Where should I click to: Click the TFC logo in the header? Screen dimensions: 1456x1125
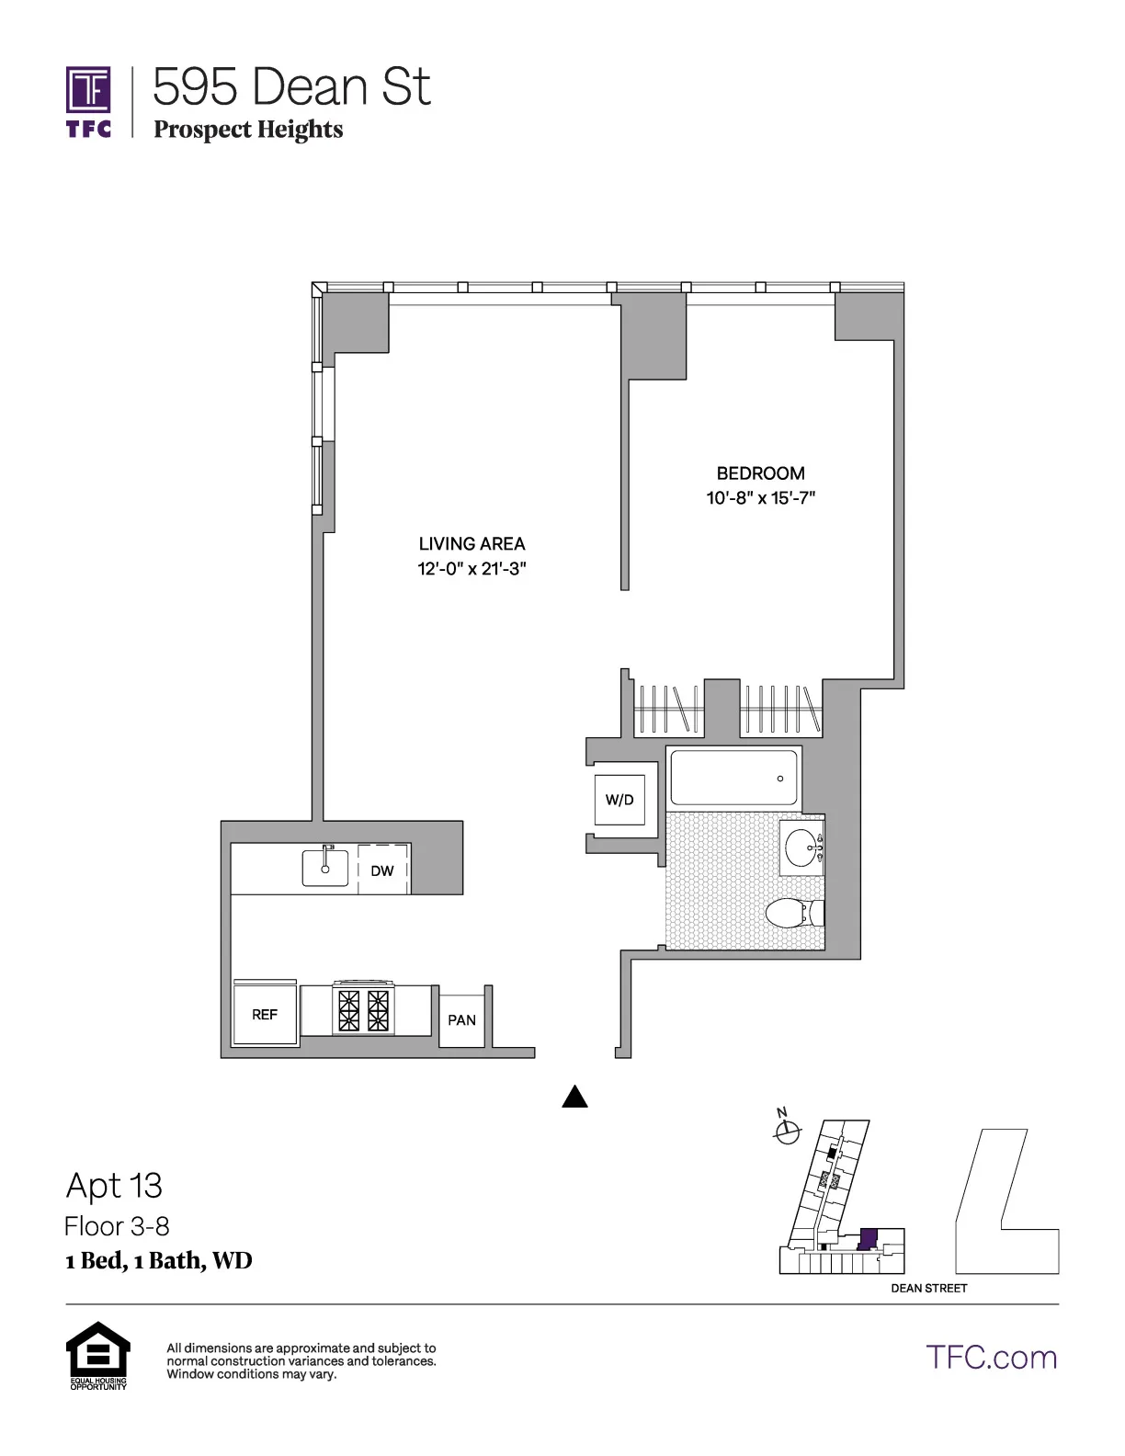pos(88,101)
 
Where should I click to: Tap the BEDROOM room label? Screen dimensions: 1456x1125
pos(760,473)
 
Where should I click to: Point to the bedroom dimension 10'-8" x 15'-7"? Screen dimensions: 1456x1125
pos(760,498)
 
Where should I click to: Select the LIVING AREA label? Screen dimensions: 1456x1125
pos(472,543)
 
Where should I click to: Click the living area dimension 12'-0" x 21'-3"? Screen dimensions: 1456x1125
pos(472,569)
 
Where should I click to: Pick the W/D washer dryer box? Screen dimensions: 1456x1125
pos(619,800)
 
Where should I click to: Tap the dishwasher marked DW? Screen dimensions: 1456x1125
pos(382,870)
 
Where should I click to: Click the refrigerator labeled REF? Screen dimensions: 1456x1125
pos(265,1014)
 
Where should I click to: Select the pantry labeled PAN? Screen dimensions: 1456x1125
pos(461,1019)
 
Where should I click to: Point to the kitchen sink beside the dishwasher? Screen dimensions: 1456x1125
pos(325,867)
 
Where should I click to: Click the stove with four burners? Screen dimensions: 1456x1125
pos(364,1010)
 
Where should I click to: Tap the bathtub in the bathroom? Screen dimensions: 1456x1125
pos(733,778)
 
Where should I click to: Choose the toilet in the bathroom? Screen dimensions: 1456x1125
pos(792,913)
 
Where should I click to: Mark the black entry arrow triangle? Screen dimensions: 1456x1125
pos(574,1096)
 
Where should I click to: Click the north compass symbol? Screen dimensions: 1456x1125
pos(786,1133)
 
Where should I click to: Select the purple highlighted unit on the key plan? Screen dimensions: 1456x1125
pos(867,1238)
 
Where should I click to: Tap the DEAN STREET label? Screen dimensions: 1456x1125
pos(928,1288)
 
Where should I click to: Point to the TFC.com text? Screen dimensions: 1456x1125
pos(991,1357)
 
